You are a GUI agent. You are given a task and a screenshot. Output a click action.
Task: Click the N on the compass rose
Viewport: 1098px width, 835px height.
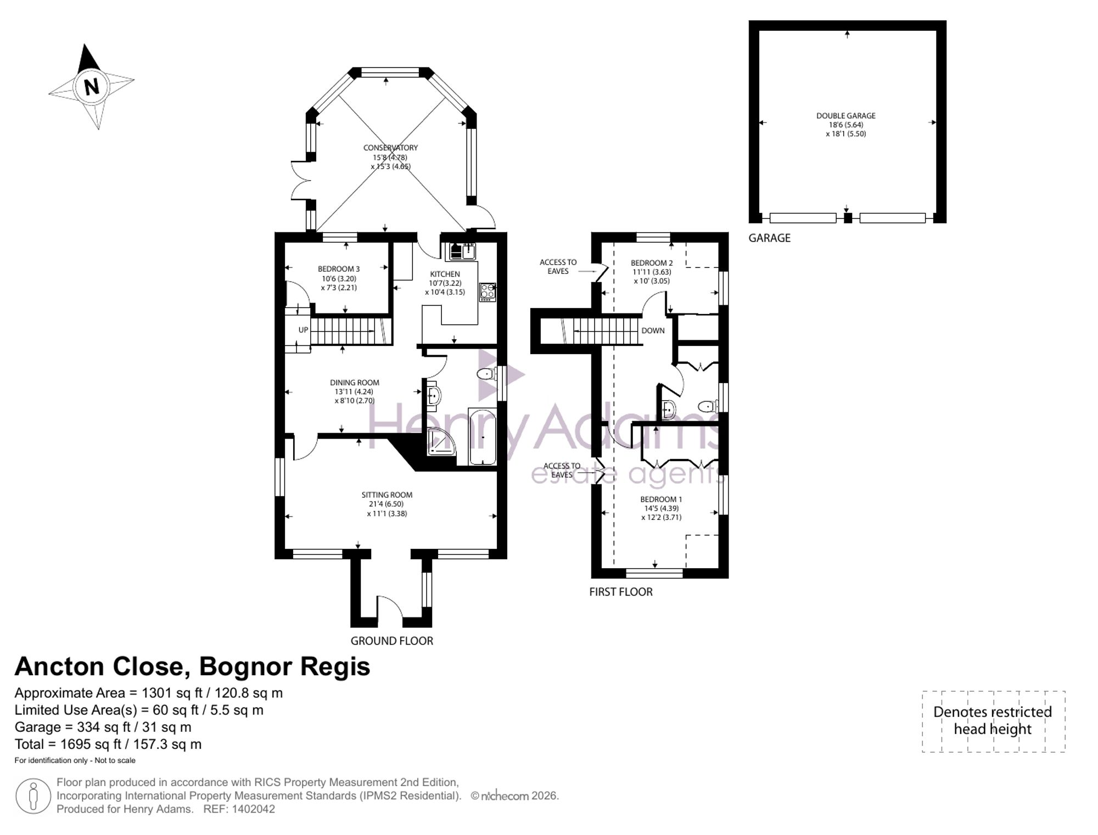(92, 87)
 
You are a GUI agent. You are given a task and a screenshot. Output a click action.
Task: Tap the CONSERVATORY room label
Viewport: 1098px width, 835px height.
(390, 148)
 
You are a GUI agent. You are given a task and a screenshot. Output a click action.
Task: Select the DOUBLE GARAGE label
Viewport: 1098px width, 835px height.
(846, 116)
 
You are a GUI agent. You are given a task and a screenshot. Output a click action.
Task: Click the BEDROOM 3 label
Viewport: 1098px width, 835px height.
(339, 269)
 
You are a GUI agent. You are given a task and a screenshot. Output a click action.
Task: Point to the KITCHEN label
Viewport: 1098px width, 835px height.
(445, 274)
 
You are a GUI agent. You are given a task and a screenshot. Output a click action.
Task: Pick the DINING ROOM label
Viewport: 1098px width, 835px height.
(355, 383)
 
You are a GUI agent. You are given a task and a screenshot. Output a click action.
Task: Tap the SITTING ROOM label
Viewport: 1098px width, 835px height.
(387, 495)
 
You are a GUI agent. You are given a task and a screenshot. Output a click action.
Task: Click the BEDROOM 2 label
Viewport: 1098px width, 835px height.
(652, 263)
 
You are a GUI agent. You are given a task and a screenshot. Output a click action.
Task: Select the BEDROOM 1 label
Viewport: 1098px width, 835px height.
(661, 499)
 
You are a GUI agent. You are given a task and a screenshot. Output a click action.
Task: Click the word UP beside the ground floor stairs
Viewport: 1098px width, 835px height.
(304, 330)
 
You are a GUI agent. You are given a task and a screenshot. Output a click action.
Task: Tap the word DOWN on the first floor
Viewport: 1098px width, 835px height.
(653, 330)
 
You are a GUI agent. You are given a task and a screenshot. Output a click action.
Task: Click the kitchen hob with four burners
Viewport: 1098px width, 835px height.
(488, 292)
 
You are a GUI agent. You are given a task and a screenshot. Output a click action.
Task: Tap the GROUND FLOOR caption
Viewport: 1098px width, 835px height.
(392, 641)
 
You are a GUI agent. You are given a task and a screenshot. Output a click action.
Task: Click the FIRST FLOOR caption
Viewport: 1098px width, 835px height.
(621, 592)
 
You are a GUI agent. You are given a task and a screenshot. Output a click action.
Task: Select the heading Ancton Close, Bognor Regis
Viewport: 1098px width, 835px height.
(192, 666)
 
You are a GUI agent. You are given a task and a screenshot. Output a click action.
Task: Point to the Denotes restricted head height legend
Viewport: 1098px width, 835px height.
(993, 721)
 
